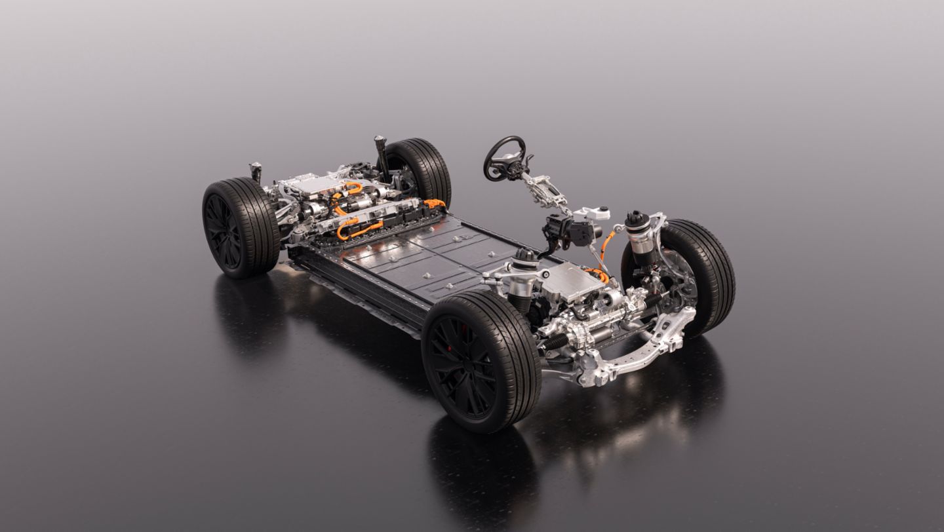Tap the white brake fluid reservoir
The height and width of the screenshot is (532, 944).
click(593, 214)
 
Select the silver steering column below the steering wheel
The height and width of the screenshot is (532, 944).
click(544, 190)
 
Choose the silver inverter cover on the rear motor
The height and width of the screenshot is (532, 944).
click(312, 183)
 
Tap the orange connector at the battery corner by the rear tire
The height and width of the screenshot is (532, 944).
click(433, 204)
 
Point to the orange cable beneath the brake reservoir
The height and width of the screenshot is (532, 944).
click(607, 242)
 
